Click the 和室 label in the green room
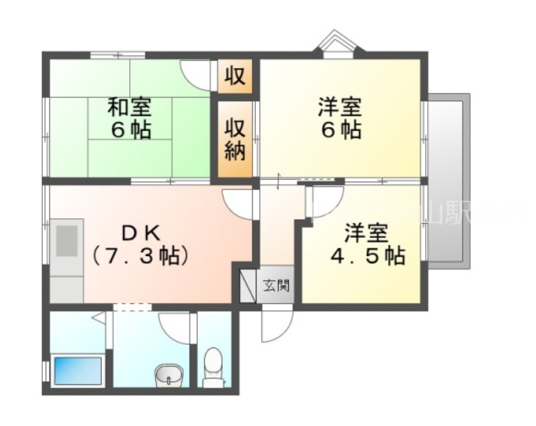129,108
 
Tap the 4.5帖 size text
367,255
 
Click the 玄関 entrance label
275,286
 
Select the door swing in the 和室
197,73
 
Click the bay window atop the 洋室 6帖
336,44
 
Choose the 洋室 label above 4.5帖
367,232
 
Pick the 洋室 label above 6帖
339,108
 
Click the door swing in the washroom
175,326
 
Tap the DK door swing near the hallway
239,202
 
